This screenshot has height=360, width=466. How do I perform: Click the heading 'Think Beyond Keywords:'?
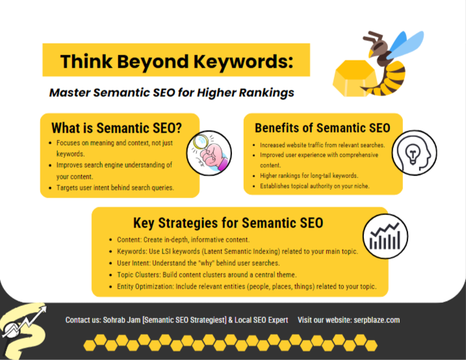click(x=176, y=62)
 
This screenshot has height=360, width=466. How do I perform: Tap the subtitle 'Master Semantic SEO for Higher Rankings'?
click(x=172, y=92)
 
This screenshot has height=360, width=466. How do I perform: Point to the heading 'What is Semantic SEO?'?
click(x=116, y=127)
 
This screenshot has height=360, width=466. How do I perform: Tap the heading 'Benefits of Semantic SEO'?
click(x=322, y=127)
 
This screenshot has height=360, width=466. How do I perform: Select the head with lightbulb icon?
click(x=414, y=152)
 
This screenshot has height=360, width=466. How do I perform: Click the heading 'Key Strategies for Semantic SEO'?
click(x=228, y=223)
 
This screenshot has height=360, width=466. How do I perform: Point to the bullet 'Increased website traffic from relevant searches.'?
click(x=322, y=145)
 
